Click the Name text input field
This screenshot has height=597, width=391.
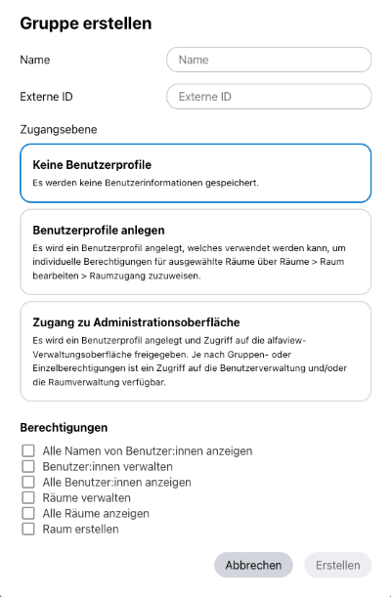(269, 60)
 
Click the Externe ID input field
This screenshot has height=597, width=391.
(269, 97)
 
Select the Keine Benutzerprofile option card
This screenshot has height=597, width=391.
(195, 172)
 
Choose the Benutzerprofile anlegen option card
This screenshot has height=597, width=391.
(195, 251)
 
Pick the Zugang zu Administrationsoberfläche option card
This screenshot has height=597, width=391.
(195, 350)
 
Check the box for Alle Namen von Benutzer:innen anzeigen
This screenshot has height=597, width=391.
(28, 451)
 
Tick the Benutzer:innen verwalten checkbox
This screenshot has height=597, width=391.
(28, 467)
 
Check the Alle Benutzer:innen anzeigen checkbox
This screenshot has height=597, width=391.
(28, 483)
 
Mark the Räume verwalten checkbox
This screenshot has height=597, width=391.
(28, 498)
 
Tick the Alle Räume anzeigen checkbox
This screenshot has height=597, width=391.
(28, 514)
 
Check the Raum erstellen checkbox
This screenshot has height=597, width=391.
(28, 530)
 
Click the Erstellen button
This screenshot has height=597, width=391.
(337, 565)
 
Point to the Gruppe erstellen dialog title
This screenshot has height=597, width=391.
(86, 23)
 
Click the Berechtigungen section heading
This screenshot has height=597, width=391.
(66, 428)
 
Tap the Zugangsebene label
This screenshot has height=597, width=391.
(59, 128)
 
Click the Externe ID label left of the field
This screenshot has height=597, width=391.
(47, 97)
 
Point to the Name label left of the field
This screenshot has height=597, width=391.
(35, 60)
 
